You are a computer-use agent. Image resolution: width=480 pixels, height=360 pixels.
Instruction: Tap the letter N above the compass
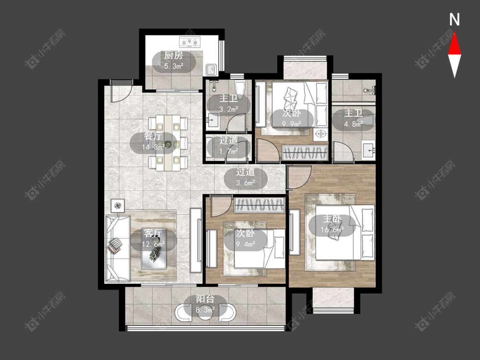pyautogui.click(x=454, y=20)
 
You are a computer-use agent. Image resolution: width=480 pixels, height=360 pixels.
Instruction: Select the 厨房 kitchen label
pyautogui.click(x=174, y=55)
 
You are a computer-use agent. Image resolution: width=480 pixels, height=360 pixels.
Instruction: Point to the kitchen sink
pyautogui.click(x=211, y=69)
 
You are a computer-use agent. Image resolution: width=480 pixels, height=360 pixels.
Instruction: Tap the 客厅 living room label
pyautogui.click(x=153, y=234)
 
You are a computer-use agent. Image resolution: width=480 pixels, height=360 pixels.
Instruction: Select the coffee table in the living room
pyautogui.click(x=154, y=249)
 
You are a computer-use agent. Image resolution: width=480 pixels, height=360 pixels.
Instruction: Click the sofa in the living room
pyautogui.click(x=118, y=248)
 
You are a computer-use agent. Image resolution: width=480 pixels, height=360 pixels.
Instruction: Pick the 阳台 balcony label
pyautogui.click(x=205, y=299)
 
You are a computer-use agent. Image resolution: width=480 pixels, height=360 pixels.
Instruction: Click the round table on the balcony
pyautogui.click(x=205, y=313)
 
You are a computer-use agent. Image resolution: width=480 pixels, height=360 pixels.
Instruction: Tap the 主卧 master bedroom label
pyautogui.click(x=332, y=219)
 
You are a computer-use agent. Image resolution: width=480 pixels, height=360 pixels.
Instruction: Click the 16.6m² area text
pyautogui.click(x=332, y=229)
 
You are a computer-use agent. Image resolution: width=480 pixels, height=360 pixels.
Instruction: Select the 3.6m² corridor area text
pyautogui.click(x=246, y=183)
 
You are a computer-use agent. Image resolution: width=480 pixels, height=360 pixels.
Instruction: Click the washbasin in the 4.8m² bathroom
pyautogui.click(x=369, y=150)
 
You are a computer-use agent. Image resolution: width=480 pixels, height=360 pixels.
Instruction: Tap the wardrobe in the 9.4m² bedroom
pyautogui.click(x=259, y=205)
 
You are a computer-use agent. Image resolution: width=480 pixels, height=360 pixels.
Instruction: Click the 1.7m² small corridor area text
pyautogui.click(x=229, y=151)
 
